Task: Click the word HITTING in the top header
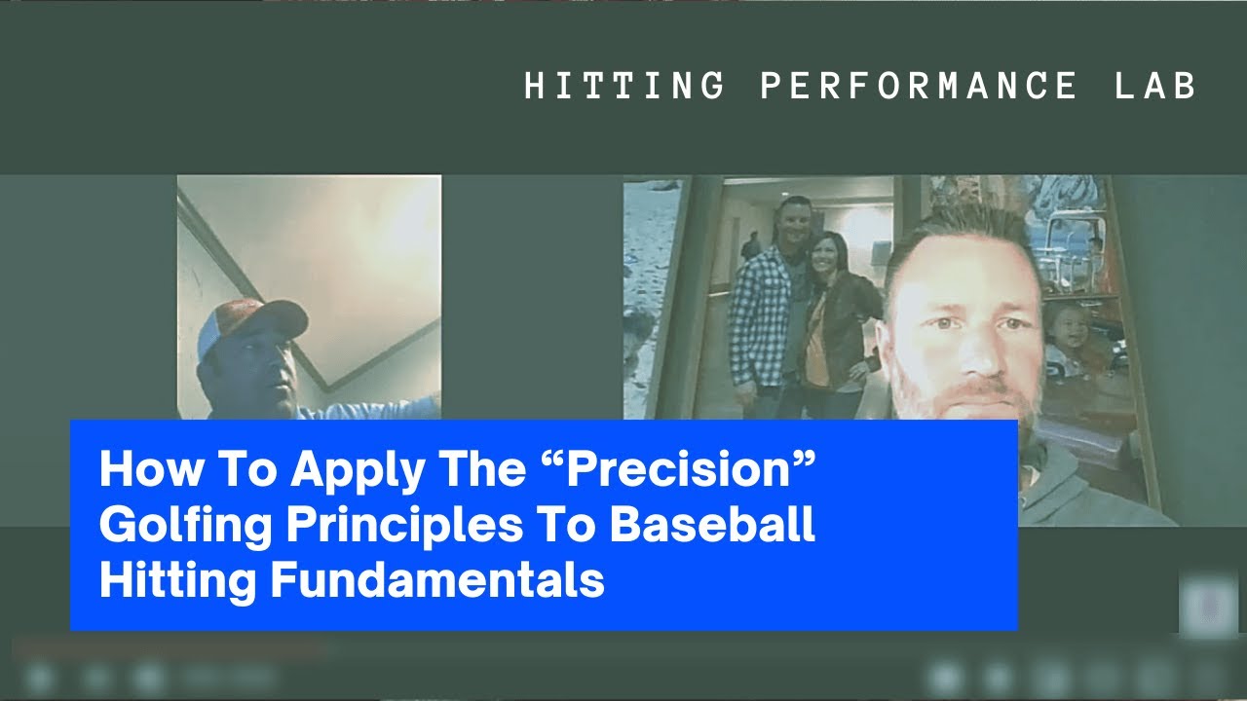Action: coord(624,86)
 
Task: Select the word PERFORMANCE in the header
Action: coord(918,86)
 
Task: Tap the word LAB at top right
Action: coord(1155,86)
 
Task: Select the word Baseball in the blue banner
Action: coord(712,524)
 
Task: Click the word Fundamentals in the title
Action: coord(437,579)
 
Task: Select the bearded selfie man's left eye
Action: coord(1014,322)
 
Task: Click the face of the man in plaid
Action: coord(793,223)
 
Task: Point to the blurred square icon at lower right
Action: coord(1207,606)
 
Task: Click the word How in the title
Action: coord(150,468)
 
